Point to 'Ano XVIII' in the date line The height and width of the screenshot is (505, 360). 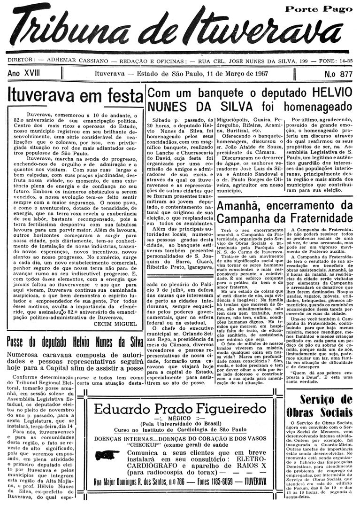click(x=24, y=74)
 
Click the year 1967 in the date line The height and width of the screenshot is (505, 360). click(x=262, y=74)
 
